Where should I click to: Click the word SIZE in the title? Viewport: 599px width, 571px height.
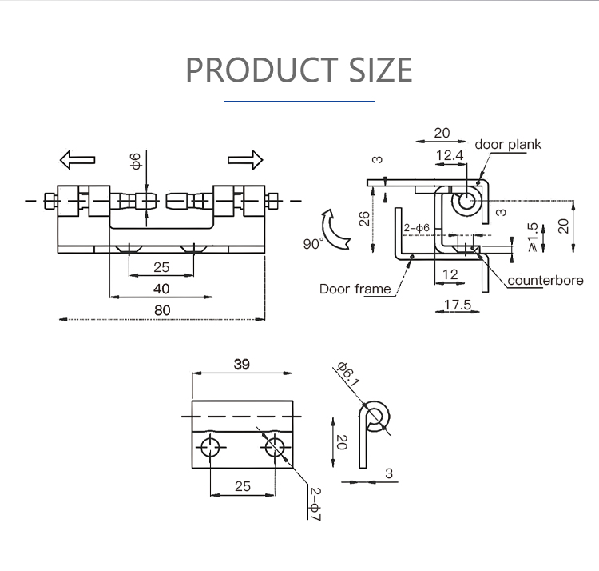click(380, 70)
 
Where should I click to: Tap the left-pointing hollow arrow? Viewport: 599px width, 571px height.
click(77, 159)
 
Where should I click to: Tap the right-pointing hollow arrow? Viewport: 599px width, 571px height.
click(245, 159)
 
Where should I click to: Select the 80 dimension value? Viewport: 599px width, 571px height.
click(162, 309)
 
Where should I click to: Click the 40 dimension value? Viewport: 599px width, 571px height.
click(161, 288)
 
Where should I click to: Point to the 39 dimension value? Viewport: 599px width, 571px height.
click(241, 364)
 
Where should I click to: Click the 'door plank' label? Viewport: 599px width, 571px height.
click(508, 145)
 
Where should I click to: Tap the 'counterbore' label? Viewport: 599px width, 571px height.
click(545, 280)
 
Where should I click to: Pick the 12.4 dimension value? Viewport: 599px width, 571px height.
click(450, 155)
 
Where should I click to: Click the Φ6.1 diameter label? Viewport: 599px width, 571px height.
click(347, 374)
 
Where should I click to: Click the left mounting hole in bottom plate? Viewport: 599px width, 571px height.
click(209, 448)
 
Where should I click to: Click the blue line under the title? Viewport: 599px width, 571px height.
click(299, 102)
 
